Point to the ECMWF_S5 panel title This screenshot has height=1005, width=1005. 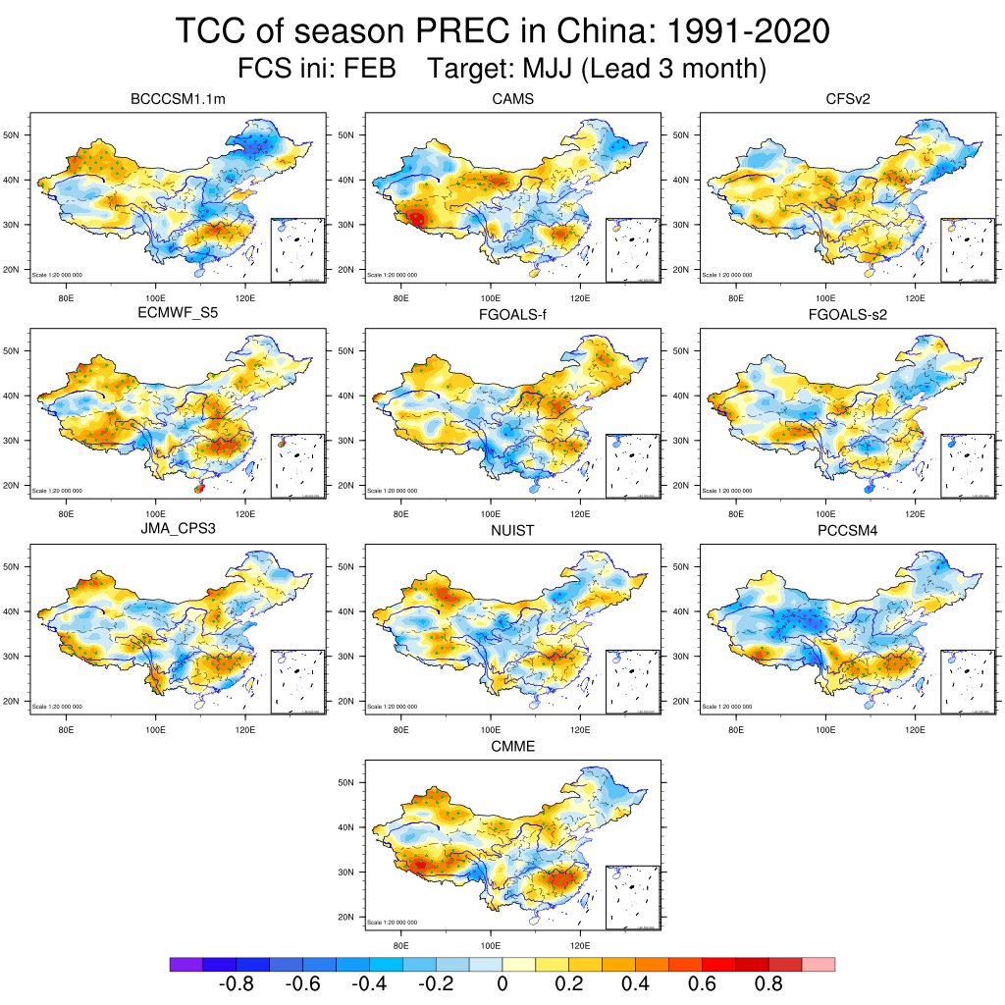coord(185,315)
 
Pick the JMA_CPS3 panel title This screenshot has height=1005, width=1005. coord(185,531)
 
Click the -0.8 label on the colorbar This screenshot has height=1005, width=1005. coord(236,984)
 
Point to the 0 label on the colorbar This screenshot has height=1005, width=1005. coord(502,984)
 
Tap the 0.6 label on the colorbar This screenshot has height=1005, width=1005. coord(703,984)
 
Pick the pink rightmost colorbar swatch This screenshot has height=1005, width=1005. coord(819,965)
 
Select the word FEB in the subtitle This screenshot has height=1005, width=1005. coord(367,69)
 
